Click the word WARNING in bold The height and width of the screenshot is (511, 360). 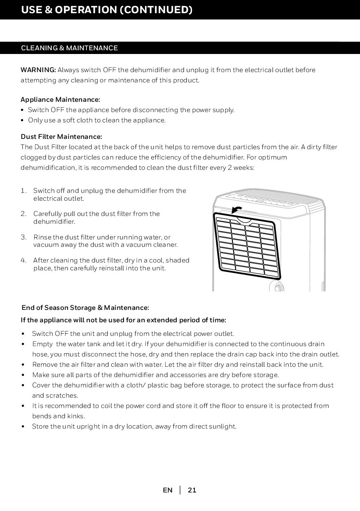pos(38,70)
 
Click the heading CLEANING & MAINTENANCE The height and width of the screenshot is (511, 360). pos(69,48)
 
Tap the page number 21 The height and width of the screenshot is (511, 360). pos(192,490)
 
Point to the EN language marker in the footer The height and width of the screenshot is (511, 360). pos(168,490)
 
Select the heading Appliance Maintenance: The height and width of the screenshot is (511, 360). pos(60,100)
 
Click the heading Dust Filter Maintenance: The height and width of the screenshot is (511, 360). pos(61,136)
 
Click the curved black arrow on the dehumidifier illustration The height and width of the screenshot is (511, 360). pos(237,209)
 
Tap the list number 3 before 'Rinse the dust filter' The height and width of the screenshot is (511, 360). pos(23,237)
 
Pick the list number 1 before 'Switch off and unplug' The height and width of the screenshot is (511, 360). pos(23,191)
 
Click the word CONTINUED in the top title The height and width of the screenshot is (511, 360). pos(156,9)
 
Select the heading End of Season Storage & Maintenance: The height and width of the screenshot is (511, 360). pos(85,308)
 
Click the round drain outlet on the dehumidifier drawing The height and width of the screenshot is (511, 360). pos(276,287)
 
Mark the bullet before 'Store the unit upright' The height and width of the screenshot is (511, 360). pos(23,427)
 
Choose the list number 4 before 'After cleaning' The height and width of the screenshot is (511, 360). pos(23,260)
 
